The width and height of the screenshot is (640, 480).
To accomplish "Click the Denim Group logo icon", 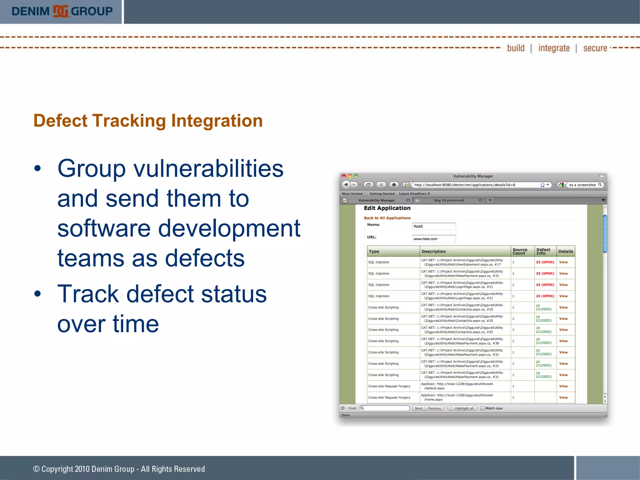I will point(60,12).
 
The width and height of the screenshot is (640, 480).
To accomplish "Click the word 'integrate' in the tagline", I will point(554,48).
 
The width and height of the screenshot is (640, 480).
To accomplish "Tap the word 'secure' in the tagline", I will point(595,48).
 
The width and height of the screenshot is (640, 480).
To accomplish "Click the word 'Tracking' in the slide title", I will point(129,121).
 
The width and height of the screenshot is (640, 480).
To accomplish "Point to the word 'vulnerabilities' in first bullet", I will point(208,169).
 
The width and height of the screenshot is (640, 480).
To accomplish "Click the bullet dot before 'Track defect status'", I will point(38,294).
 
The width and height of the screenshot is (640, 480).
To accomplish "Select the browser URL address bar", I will point(475,185).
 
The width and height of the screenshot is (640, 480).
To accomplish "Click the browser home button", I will point(394,185).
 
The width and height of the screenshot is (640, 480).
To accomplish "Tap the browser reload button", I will point(368,185).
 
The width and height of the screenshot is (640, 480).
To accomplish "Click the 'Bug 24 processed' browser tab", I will point(449,200).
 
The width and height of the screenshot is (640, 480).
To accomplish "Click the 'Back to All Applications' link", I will point(387,218).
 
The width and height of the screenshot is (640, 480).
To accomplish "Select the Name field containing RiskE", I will point(433,226).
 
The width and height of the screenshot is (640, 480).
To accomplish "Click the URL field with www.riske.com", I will point(433,239).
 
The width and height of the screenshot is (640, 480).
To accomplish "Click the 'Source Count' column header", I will point(520,251).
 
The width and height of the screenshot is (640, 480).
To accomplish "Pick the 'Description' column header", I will point(433,251).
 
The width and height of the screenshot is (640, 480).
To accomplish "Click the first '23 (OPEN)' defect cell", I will point(545,262).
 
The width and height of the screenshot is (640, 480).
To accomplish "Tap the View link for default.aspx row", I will point(563,386).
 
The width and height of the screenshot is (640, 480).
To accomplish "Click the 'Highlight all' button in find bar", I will point(462,408).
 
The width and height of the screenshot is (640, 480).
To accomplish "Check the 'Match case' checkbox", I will point(482,408).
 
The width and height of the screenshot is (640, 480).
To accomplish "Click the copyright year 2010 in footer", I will point(82,469).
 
